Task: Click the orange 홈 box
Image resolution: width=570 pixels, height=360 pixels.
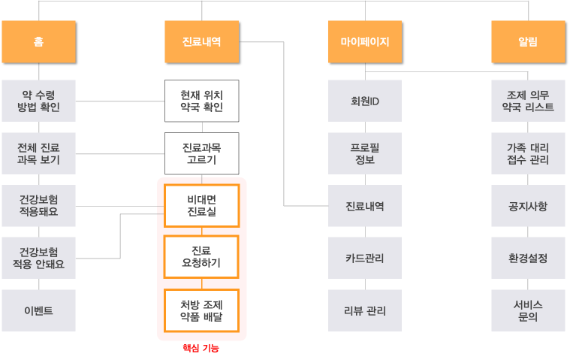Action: (38, 41)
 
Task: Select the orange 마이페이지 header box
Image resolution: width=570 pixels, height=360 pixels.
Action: (365, 41)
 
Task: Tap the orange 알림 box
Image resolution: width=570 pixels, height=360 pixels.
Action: (528, 41)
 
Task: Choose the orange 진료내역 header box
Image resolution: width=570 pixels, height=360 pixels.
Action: (201, 41)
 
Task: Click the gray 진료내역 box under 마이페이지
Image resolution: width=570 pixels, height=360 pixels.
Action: (365, 206)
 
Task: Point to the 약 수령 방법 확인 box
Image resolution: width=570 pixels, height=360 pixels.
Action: (38, 101)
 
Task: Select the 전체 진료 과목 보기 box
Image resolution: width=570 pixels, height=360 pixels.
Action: (38, 153)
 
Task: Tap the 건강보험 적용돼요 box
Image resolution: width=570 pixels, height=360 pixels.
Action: (38, 206)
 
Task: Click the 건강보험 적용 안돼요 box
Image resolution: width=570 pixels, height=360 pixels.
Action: (38, 258)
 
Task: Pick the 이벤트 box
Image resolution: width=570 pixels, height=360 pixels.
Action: (38, 310)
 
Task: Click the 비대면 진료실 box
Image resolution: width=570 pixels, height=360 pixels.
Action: (201, 206)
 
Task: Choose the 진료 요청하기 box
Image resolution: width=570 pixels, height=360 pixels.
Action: (201, 258)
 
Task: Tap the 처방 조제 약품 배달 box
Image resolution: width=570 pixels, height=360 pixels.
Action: (201, 310)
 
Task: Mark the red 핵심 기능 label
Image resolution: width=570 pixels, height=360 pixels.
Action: (201, 349)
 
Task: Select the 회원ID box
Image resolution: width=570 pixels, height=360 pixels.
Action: (365, 101)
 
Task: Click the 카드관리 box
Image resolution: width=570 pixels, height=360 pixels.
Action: (365, 258)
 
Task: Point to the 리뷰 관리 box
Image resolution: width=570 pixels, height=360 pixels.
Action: (365, 310)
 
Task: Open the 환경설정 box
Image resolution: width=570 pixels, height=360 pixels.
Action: (528, 258)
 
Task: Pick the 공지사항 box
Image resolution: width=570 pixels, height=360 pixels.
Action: (528, 206)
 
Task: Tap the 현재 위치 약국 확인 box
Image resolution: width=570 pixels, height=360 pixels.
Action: (201, 101)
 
